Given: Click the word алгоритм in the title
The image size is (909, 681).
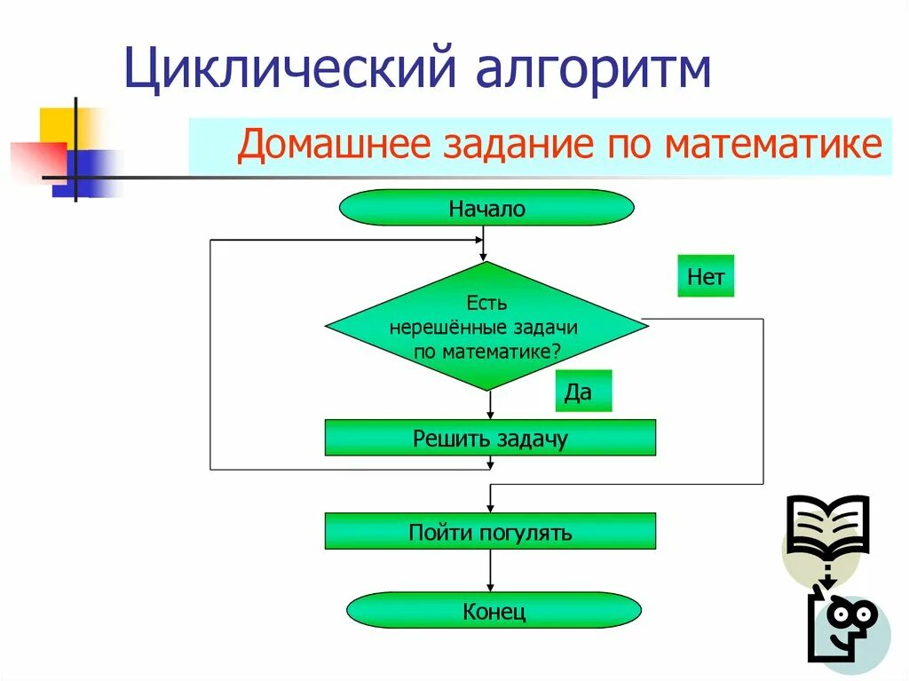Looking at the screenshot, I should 595,69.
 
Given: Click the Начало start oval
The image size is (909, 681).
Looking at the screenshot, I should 486,209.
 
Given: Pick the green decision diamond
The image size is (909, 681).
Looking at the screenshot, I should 486,326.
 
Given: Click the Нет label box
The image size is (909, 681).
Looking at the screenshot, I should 706,276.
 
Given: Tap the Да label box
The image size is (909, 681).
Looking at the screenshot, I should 583,392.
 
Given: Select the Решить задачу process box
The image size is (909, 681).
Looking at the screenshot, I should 490,438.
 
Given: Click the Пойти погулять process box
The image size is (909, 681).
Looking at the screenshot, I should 490,532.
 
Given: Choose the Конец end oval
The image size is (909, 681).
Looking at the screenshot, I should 494,611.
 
